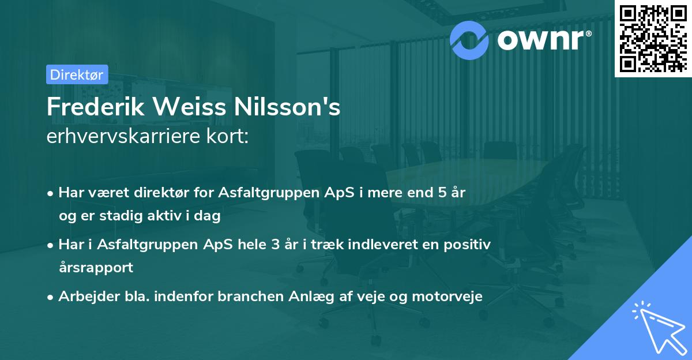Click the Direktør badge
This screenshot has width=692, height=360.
click(x=77, y=74)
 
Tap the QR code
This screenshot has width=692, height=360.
click(x=653, y=38)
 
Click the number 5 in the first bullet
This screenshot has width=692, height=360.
click(x=442, y=193)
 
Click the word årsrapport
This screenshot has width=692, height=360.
click(x=96, y=267)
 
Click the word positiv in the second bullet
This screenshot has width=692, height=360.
click(x=471, y=245)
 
